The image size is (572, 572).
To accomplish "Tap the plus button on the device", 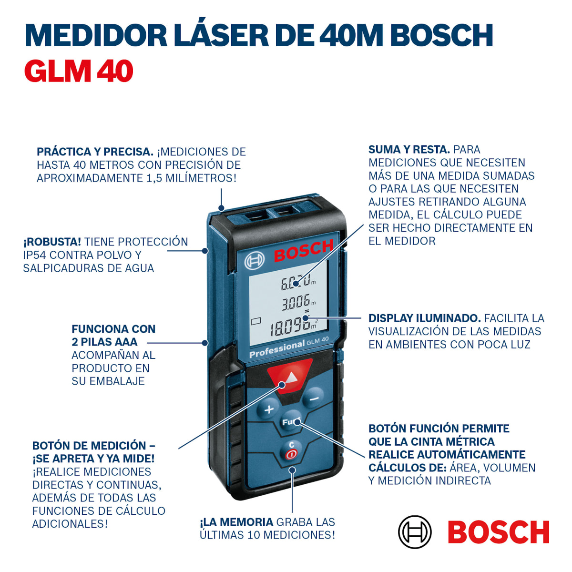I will click(x=269, y=409).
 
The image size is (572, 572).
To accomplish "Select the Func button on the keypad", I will click(x=290, y=422).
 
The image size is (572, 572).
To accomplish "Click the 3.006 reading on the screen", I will click(x=296, y=302).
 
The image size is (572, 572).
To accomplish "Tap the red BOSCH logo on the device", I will click(x=303, y=251).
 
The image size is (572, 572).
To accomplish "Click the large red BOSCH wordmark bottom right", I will click(x=499, y=532).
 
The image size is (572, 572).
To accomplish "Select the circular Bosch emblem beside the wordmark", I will click(x=415, y=532).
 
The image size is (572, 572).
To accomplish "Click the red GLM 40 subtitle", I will click(x=79, y=71).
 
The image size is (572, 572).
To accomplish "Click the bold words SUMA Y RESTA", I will click(x=409, y=150).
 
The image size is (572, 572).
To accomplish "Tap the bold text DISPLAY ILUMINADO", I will click(x=424, y=318).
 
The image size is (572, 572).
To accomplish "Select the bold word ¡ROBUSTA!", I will click(x=52, y=242).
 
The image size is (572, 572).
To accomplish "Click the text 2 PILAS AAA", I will click(x=104, y=342).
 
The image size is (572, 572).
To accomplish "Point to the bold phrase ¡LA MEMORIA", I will click(x=236, y=522).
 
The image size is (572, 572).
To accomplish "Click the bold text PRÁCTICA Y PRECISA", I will click(x=95, y=152).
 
